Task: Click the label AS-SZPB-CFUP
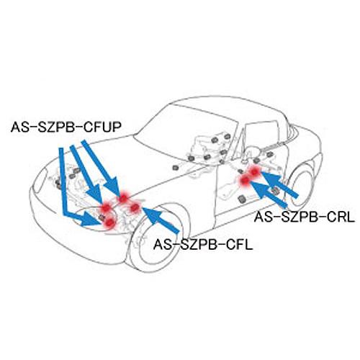click(x=66, y=127)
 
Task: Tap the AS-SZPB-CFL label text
click(x=203, y=245)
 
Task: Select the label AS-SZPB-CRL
click(x=305, y=217)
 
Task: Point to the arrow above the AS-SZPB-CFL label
click(x=161, y=220)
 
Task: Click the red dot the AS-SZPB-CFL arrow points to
click(x=135, y=207)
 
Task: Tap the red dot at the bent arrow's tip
click(x=109, y=222)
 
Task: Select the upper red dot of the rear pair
click(x=254, y=171)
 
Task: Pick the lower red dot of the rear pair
click(x=245, y=180)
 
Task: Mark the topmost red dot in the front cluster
click(x=123, y=198)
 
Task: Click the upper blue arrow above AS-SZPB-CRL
click(x=279, y=184)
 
